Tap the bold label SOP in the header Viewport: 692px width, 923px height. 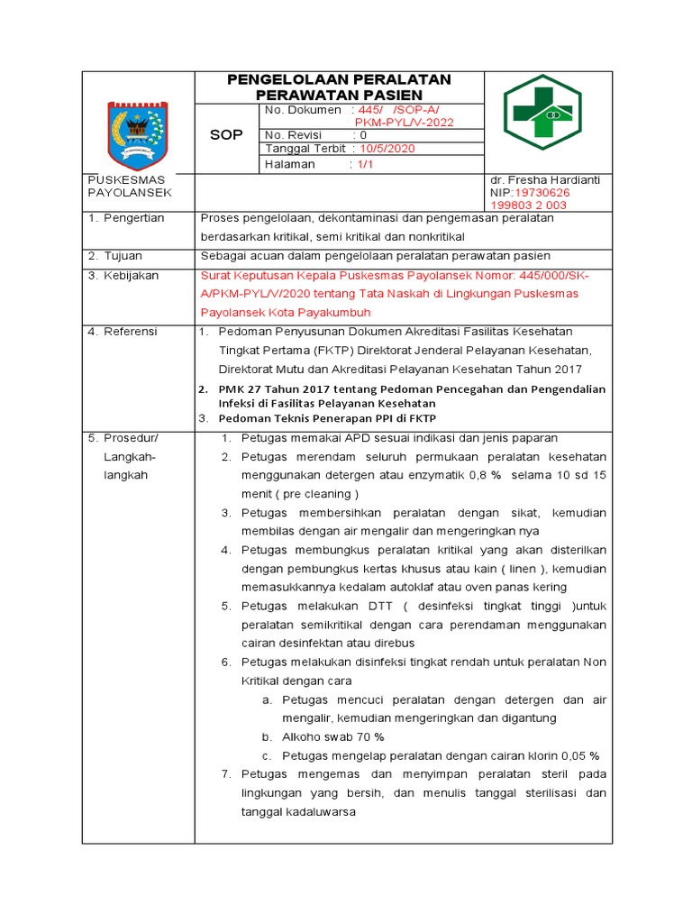pos(226,135)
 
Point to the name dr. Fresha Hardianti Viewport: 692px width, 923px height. pos(544,179)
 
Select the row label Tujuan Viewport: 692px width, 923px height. pos(124,256)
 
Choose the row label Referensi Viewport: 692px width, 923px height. pos(131,332)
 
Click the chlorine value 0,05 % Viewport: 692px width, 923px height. pos(580,755)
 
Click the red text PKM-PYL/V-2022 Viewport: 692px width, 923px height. pos(405,123)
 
